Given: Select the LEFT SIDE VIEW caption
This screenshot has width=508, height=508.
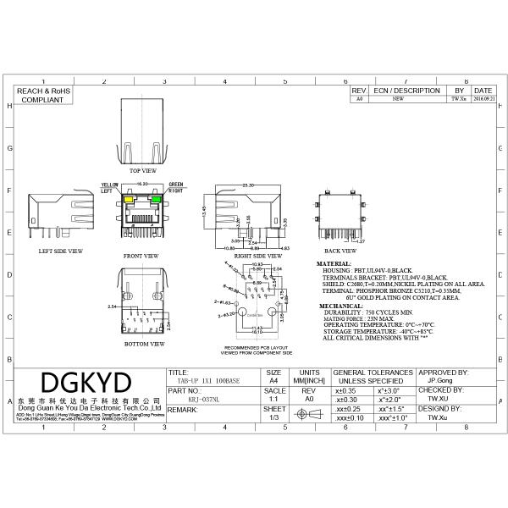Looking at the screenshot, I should (60, 251).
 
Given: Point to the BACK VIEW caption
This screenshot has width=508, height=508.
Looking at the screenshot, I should (340, 251).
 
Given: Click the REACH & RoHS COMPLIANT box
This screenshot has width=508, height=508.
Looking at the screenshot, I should (41, 95).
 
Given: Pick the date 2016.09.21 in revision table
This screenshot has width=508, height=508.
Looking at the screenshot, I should (483, 99).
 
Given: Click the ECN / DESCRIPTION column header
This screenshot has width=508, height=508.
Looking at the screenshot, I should (407, 90).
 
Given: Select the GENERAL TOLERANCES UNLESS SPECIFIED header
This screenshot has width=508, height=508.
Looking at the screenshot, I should (373, 377).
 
